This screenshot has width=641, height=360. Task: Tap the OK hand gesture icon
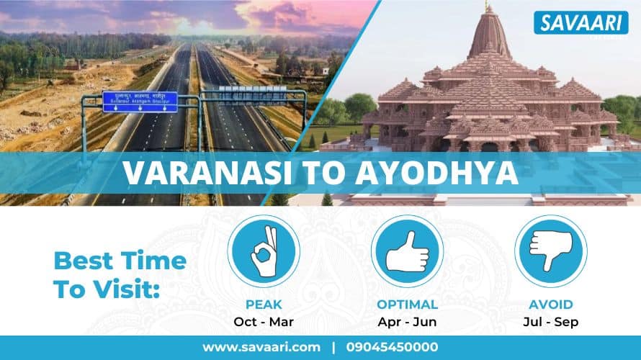pos(263,251)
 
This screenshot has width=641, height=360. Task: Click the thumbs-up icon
pos(407,251)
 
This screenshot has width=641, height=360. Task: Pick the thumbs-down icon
pos(550,251)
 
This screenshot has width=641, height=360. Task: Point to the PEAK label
pos(263,305)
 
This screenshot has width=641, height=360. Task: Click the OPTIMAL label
pos(407,305)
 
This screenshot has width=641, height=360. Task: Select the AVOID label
pos(550,305)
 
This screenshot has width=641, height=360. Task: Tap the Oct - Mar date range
pos(263,322)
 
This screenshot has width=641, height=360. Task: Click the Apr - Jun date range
pos(407,322)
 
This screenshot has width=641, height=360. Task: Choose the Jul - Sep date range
pos(550,322)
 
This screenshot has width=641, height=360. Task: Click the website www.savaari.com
pos(261,347)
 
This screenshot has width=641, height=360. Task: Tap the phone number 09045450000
pos(392,347)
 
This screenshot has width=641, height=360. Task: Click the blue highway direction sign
pos(140,101)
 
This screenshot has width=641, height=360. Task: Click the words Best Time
pos(120,260)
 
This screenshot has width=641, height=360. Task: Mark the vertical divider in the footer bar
pos(333,347)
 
